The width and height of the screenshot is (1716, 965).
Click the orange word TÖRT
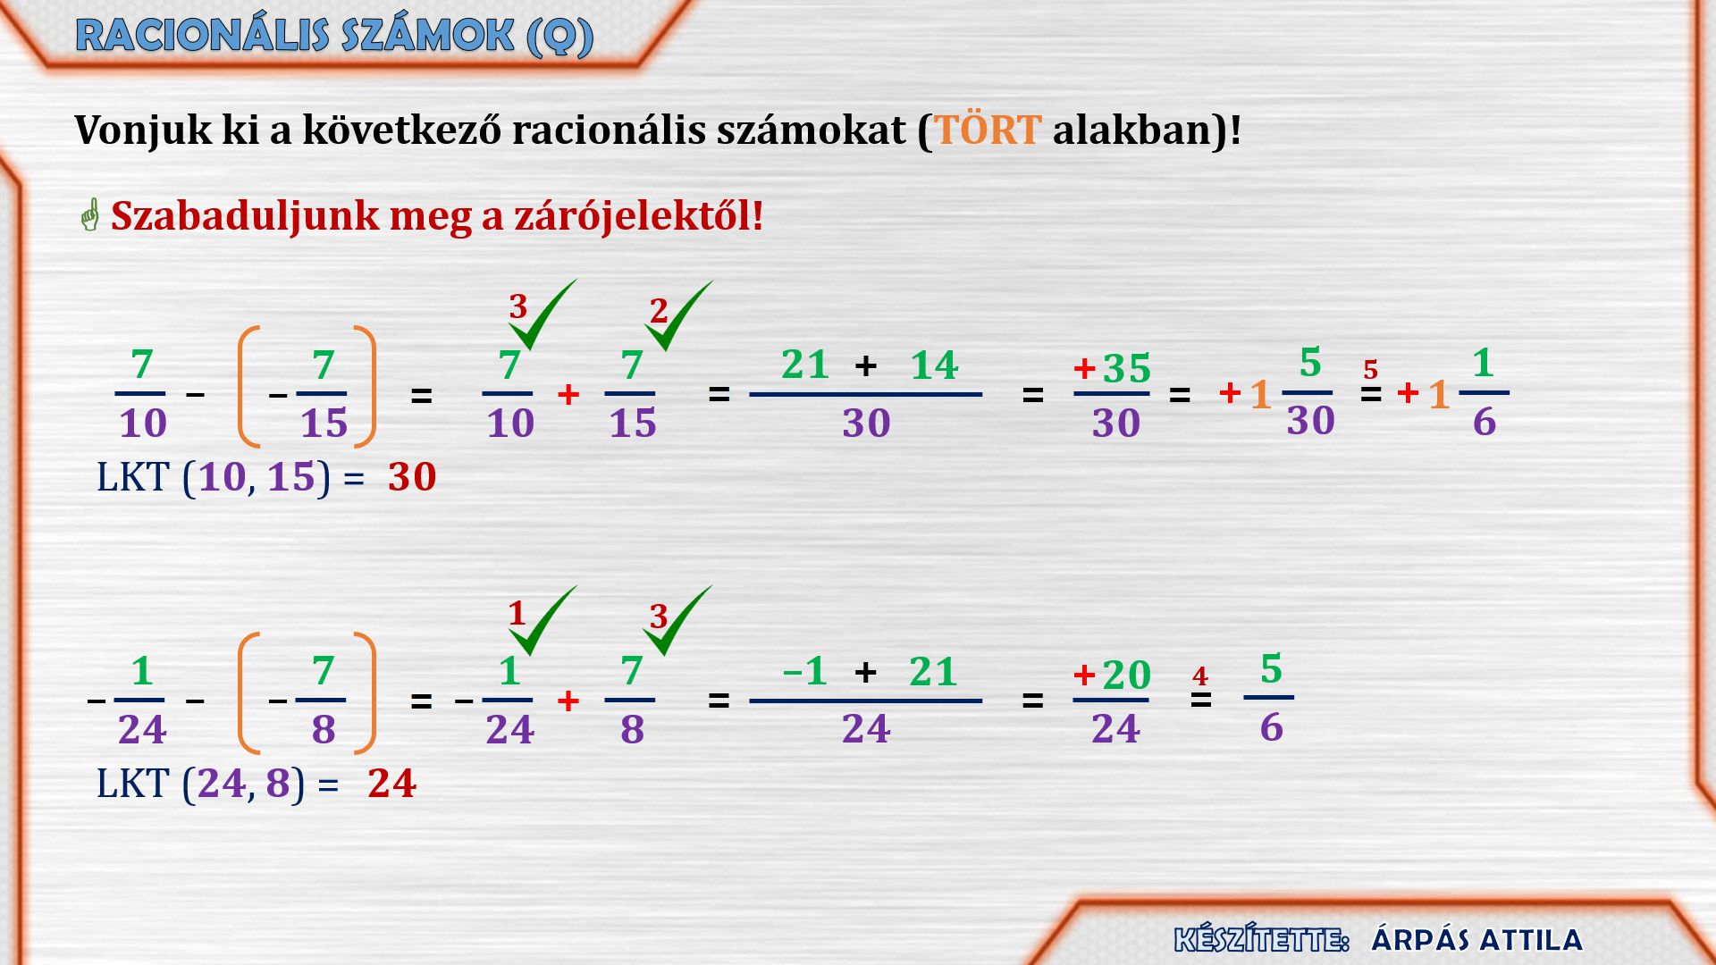coord(988,130)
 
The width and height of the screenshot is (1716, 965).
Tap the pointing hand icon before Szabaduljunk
coord(89,214)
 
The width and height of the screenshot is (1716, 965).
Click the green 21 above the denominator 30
coord(805,365)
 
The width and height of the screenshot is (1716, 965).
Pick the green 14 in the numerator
coord(934,365)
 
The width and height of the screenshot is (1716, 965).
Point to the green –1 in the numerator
coord(804,671)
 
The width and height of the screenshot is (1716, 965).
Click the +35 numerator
coord(1112,368)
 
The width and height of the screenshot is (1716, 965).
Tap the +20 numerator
coord(1112,675)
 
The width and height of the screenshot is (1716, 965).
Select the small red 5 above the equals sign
coord(1370,369)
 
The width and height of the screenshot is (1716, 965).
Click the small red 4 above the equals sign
coord(1199,676)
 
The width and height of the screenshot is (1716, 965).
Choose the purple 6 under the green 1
coord(1485,422)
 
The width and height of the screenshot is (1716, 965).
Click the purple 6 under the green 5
coord(1272,728)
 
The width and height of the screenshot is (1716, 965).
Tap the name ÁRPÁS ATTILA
coord(1476,940)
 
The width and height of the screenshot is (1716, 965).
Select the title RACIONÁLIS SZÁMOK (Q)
coord(335,37)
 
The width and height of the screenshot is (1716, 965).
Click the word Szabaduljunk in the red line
coord(245,216)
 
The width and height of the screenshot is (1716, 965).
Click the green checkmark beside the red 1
coord(543,621)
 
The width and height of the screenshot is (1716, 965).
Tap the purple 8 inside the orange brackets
coord(324,730)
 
